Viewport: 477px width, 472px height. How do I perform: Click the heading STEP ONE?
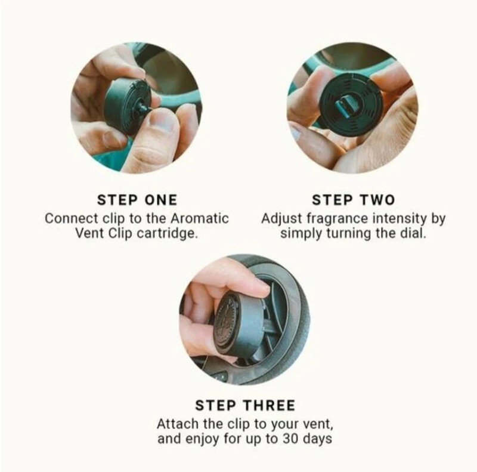[x=137, y=200]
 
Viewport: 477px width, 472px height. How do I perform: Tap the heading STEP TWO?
[x=353, y=200]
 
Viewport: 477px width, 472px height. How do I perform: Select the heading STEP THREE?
[x=245, y=405]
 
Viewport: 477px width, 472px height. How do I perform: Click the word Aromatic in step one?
[x=199, y=218]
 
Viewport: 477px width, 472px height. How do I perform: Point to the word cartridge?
[x=166, y=234]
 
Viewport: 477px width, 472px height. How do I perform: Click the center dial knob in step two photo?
[x=346, y=105]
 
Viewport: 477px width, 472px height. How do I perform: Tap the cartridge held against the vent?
[x=239, y=323]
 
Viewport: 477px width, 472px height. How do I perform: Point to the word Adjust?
[x=281, y=218]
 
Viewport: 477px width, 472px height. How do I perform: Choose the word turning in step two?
[x=349, y=234]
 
